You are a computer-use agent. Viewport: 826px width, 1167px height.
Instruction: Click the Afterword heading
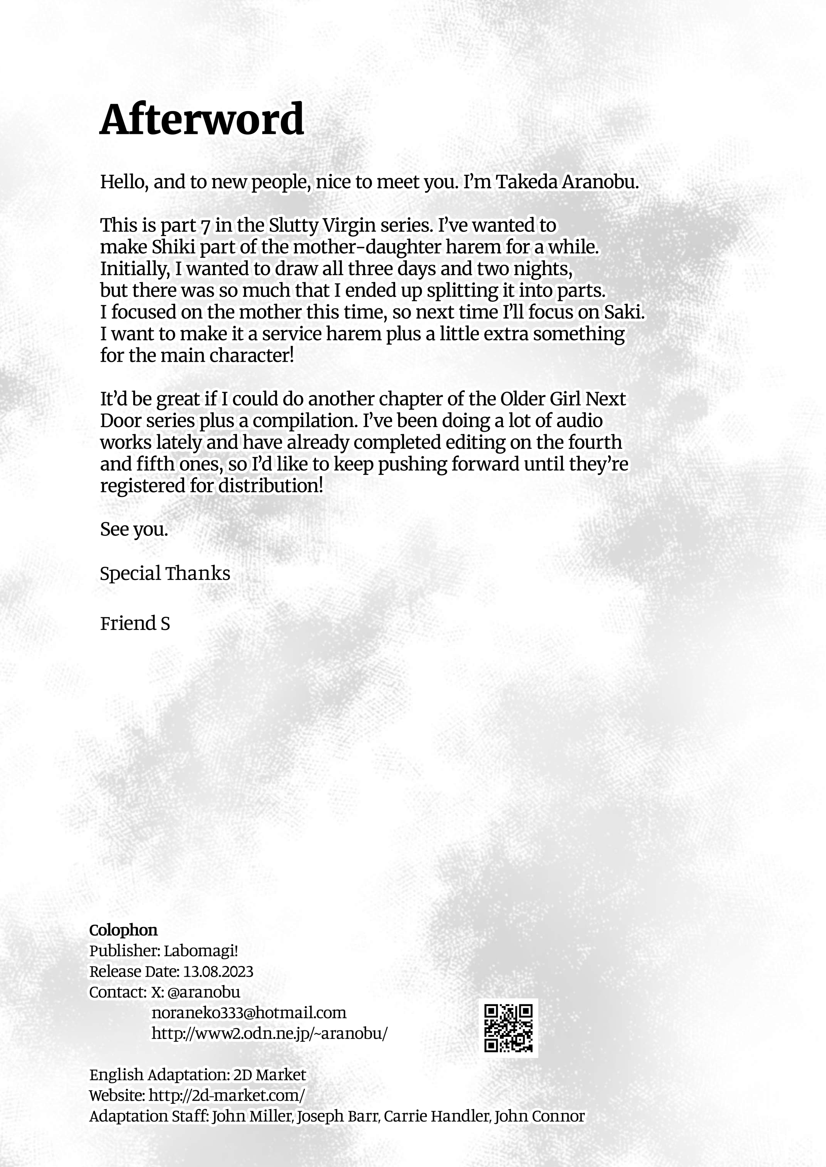202,120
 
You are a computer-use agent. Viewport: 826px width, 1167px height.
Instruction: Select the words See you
134,530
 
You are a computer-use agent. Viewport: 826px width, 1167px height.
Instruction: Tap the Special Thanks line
165,573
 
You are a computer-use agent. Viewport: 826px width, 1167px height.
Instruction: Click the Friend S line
135,623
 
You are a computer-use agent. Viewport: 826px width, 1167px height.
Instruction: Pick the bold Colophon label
123,930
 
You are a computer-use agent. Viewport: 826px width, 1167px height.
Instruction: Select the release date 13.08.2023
218,971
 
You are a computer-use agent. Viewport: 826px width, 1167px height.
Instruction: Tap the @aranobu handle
203,992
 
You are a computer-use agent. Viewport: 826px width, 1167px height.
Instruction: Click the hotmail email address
249,1012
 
